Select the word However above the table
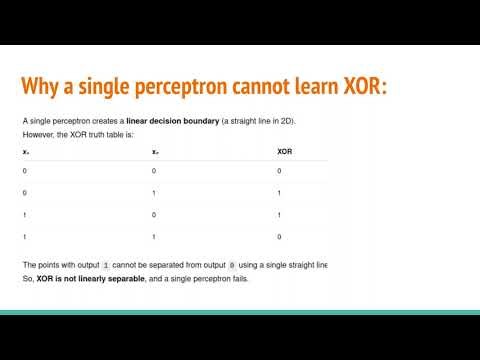pyautogui.click(x=39, y=133)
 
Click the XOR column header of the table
pyautogui.click(x=285, y=152)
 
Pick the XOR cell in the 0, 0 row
pyautogui.click(x=279, y=171)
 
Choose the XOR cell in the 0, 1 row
pyautogui.click(x=279, y=192)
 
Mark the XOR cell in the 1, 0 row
pyautogui.click(x=279, y=213)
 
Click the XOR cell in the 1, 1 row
pyautogui.click(x=279, y=235)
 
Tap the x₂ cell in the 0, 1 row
pyautogui.click(x=153, y=192)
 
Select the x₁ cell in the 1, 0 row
pyautogui.click(x=25, y=213)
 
